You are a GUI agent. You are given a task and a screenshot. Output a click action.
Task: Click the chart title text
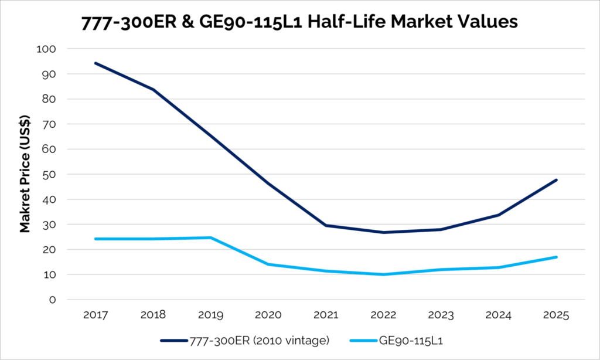click(299, 22)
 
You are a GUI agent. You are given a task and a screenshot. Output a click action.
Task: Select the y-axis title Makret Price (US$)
click(25, 174)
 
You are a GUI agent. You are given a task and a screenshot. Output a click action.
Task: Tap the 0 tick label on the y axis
click(53, 300)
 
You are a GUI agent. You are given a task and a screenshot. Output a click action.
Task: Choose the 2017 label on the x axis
click(96, 315)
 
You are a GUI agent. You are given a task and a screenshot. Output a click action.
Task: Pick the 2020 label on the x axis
click(268, 315)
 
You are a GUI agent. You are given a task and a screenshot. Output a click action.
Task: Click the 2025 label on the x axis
click(556, 315)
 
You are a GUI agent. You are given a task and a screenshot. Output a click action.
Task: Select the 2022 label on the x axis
click(383, 315)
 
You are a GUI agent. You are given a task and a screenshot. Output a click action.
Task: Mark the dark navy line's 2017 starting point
click(96, 63)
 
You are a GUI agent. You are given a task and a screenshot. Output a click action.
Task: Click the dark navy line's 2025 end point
click(556, 180)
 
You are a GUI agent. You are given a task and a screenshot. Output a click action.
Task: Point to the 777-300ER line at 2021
click(326, 225)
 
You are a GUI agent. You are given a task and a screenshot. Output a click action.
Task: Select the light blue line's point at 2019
click(210, 237)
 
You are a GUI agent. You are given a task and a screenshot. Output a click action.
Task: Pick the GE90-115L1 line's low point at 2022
click(383, 274)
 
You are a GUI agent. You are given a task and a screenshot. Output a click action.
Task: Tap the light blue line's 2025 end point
click(556, 257)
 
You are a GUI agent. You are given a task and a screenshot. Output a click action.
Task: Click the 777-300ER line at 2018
click(153, 90)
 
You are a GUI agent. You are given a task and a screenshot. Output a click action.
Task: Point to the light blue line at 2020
click(268, 264)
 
